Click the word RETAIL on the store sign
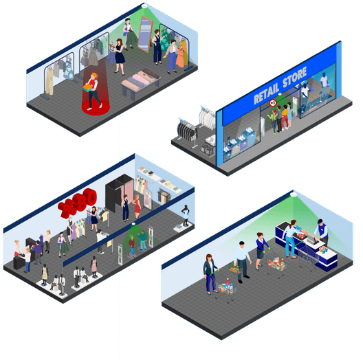pyautogui.click(x=266, y=93)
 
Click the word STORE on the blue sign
pyautogui.click(x=295, y=77)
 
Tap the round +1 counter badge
pyautogui.click(x=273, y=103)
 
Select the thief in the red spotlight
pyautogui.click(x=93, y=91)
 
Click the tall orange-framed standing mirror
pyautogui.click(x=145, y=34)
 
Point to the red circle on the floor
pyautogui.click(x=96, y=107)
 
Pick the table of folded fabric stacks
pyautogui.click(x=141, y=82)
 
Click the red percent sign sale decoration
pyautogui.click(x=67, y=207)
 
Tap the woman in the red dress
pyautogui.click(x=137, y=206)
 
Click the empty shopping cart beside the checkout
pyautogui.click(x=308, y=256)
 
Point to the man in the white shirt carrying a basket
pyautogui.click(x=242, y=262)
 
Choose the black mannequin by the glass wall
pyautogui.click(x=186, y=216)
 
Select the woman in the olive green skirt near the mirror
pyautogui.click(x=129, y=34)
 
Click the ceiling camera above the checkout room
pyautogui.click(x=294, y=194)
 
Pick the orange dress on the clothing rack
pyautogui.click(x=180, y=58)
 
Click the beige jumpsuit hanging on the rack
pyautogui.click(x=49, y=81)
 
